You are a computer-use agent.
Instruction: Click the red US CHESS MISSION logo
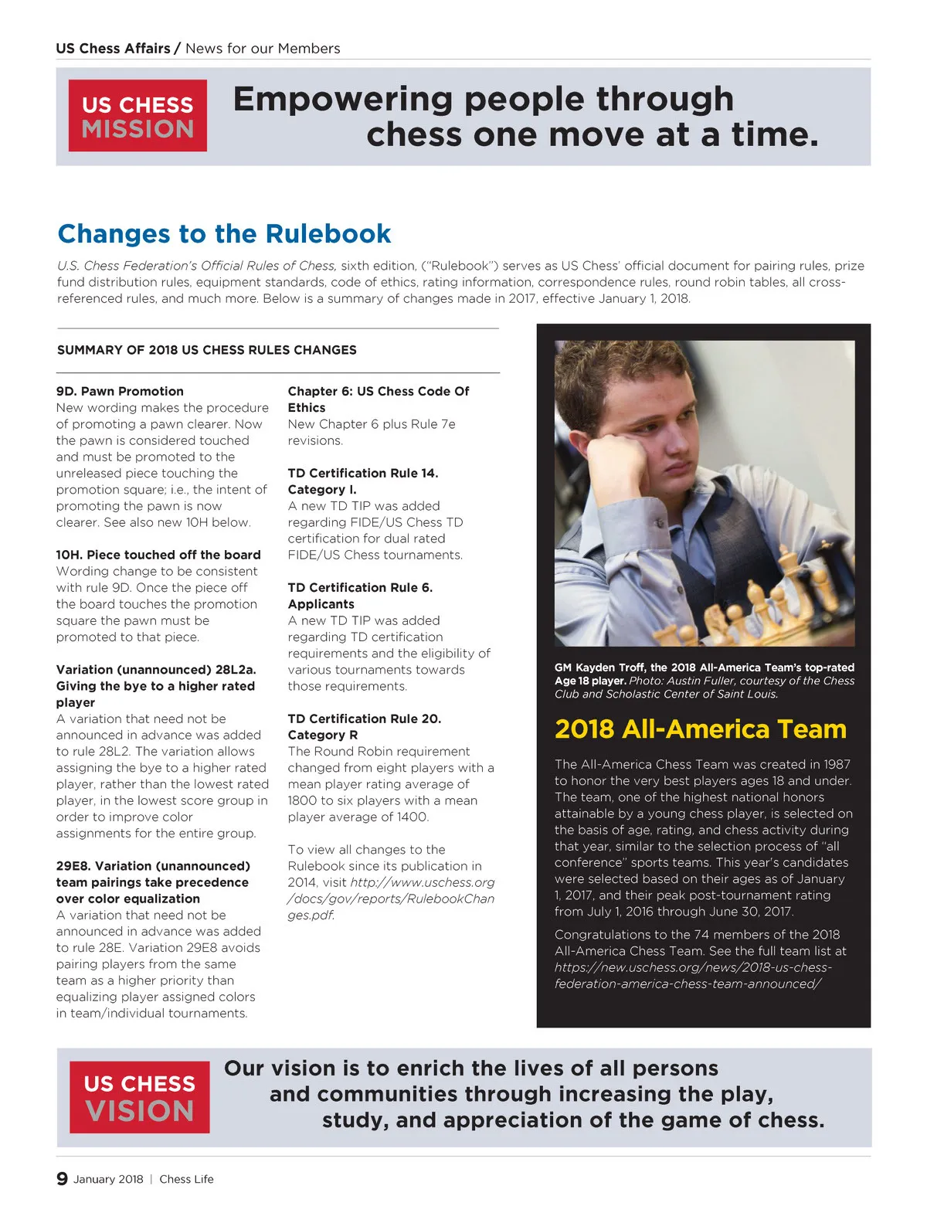tap(138, 116)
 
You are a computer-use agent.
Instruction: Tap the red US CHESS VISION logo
tap(139, 1097)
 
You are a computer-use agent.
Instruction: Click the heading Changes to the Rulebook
tap(224, 233)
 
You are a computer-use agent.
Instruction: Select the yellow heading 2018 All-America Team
tap(700, 729)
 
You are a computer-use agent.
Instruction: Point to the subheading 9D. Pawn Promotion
tap(120, 391)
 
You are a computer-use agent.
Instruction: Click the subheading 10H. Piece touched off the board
tap(158, 555)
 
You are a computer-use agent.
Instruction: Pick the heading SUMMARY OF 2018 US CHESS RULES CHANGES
tap(206, 350)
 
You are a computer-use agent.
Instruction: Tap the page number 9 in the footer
tap(62, 1178)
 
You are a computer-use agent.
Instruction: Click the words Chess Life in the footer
tap(186, 1179)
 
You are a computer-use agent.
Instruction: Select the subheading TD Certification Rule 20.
tap(364, 719)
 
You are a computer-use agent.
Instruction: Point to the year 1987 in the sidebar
tap(836, 764)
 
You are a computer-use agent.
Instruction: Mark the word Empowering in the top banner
tap(344, 100)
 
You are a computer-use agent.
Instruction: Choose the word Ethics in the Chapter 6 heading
tap(307, 407)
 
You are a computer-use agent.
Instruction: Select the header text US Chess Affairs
tap(113, 48)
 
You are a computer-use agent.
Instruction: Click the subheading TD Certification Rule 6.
tap(360, 587)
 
